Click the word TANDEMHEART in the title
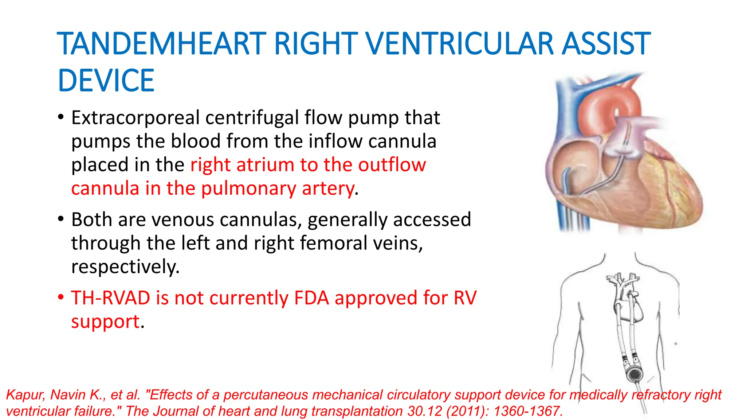(162, 44)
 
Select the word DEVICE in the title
(106, 81)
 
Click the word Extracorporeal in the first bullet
(136, 118)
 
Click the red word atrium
(265, 165)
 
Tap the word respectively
(125, 267)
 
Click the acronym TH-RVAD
(110, 298)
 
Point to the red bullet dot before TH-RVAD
(61, 297)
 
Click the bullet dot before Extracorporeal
(61, 117)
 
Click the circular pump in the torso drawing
(634, 374)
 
